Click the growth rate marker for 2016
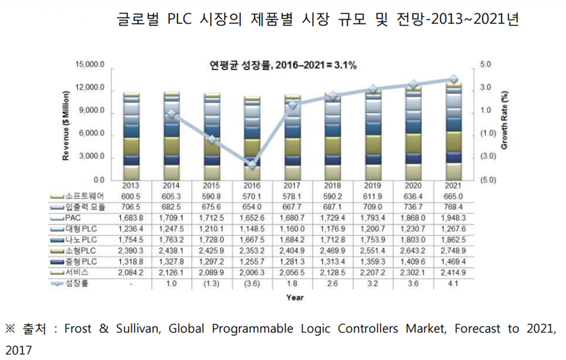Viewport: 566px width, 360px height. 252,164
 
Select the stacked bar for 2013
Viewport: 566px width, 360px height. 131,136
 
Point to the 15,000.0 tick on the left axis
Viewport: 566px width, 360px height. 90,64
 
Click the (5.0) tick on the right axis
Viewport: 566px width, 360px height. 488,180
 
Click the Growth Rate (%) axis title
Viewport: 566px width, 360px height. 505,120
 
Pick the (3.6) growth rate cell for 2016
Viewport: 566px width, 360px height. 252,283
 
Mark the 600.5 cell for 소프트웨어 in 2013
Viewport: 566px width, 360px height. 131,196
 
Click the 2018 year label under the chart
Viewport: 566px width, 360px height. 333,186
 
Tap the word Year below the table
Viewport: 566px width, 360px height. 295,297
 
